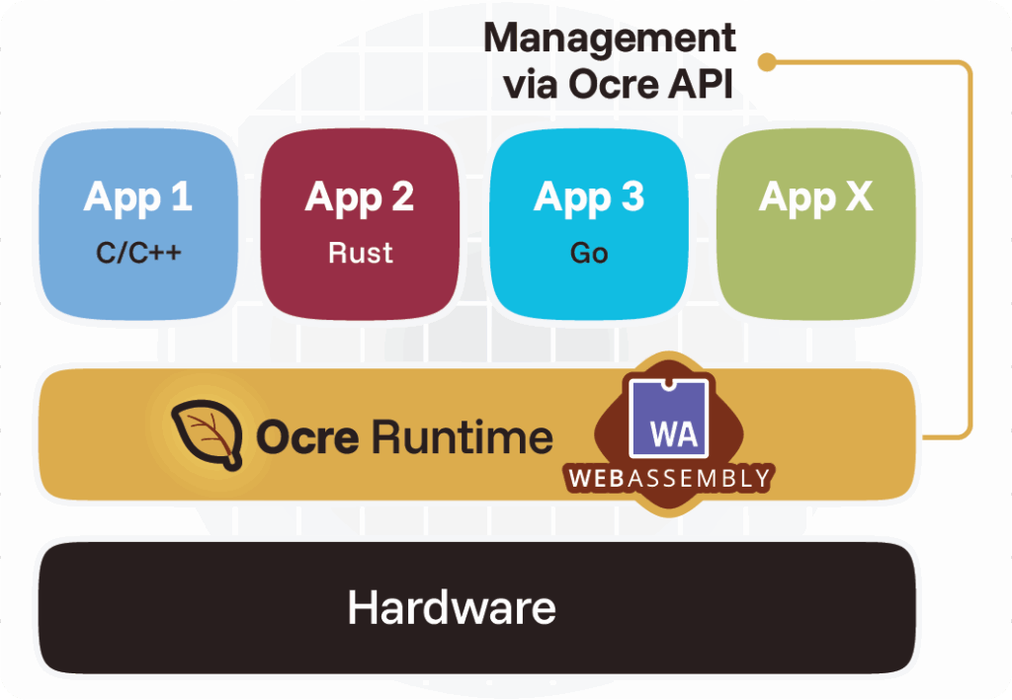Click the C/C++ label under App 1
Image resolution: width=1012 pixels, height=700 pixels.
pos(138,254)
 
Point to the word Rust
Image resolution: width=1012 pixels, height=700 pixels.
pos(361,254)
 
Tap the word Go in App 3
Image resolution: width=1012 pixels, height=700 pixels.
pos(589,254)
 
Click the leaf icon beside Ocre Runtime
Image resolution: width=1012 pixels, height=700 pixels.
pos(207,435)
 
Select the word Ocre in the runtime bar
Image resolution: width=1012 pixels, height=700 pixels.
pos(307,436)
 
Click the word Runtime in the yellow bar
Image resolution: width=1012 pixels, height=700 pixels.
pos(462,436)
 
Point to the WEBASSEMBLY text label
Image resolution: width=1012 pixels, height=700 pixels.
pos(669,479)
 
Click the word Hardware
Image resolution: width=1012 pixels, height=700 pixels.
pos(452,607)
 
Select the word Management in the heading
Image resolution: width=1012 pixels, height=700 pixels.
pos(610,39)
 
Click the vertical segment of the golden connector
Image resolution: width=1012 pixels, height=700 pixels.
pos(969,247)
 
